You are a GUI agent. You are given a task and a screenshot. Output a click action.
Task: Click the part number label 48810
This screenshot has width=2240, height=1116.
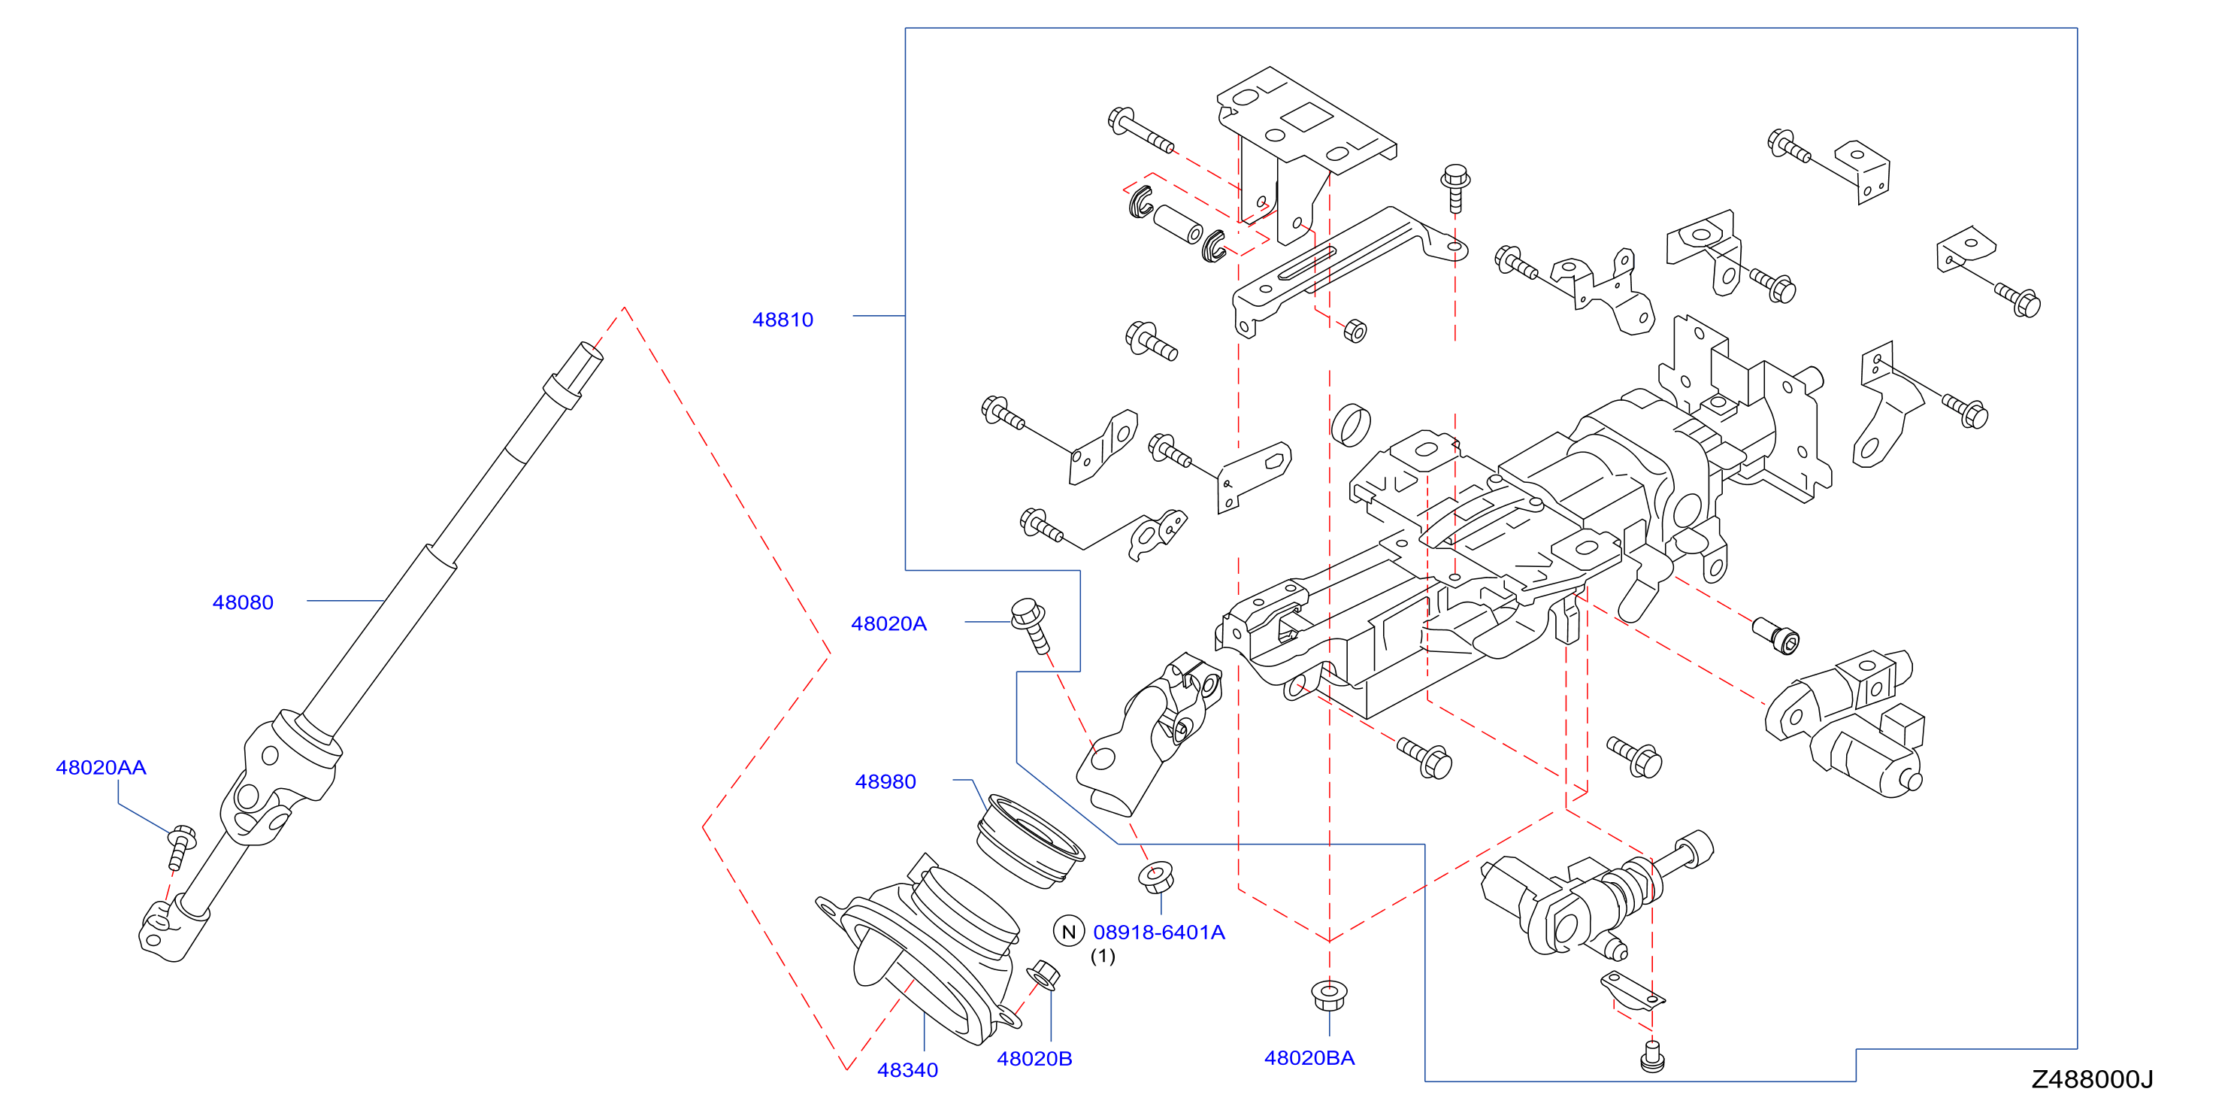[782, 320]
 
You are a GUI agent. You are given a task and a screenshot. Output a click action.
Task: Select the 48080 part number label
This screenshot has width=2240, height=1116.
[243, 603]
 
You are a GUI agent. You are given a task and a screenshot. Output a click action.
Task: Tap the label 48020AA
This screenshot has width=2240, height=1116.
[101, 768]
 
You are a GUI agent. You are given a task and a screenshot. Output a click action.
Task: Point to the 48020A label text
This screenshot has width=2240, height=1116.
[888, 623]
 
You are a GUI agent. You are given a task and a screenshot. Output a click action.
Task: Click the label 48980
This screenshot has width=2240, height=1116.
[885, 782]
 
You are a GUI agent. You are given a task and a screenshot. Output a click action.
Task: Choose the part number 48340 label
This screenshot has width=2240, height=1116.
[907, 1071]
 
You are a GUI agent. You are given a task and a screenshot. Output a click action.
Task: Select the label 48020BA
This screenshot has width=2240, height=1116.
[1309, 1059]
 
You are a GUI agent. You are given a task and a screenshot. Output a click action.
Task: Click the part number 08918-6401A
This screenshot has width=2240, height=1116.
[1158, 933]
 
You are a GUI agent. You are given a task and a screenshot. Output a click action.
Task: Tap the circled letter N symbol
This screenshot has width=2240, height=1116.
[1069, 932]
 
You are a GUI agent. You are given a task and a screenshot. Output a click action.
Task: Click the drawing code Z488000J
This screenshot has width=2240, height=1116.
[2092, 1079]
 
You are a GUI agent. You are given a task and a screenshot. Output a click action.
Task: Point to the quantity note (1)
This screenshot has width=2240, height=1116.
[1103, 956]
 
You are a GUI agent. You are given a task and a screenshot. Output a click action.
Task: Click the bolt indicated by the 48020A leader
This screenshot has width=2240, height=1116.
[1031, 624]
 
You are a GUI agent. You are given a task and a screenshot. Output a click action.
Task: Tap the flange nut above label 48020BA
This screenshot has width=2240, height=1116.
[1329, 996]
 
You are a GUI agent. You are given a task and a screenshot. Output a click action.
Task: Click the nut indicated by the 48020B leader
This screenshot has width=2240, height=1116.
[1043, 975]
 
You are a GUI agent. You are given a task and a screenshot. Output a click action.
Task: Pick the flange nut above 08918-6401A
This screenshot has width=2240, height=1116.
[1157, 877]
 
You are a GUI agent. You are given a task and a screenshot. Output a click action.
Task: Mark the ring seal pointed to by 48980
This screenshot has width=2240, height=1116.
[1031, 841]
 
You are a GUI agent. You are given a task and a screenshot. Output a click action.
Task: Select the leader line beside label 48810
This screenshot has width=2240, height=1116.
[879, 316]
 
